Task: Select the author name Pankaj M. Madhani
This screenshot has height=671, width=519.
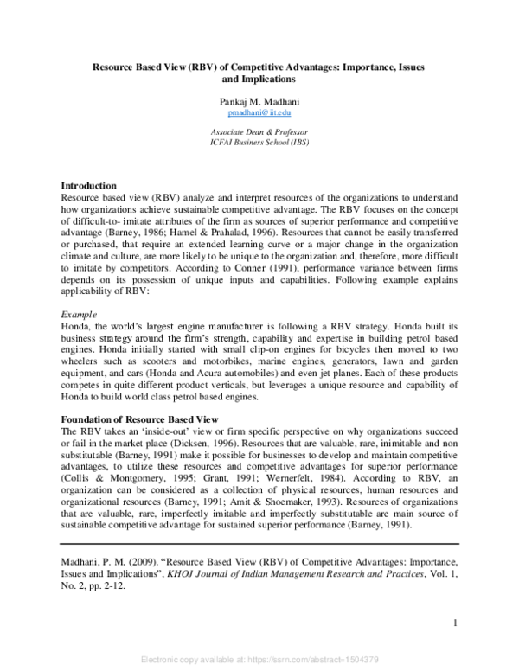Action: click(259, 101)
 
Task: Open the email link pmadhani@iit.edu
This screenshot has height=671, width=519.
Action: click(259, 112)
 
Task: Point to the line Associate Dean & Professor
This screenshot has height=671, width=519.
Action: click(259, 131)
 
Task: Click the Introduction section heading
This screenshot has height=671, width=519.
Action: click(88, 186)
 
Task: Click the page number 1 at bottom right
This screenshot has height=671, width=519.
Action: click(455, 623)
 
